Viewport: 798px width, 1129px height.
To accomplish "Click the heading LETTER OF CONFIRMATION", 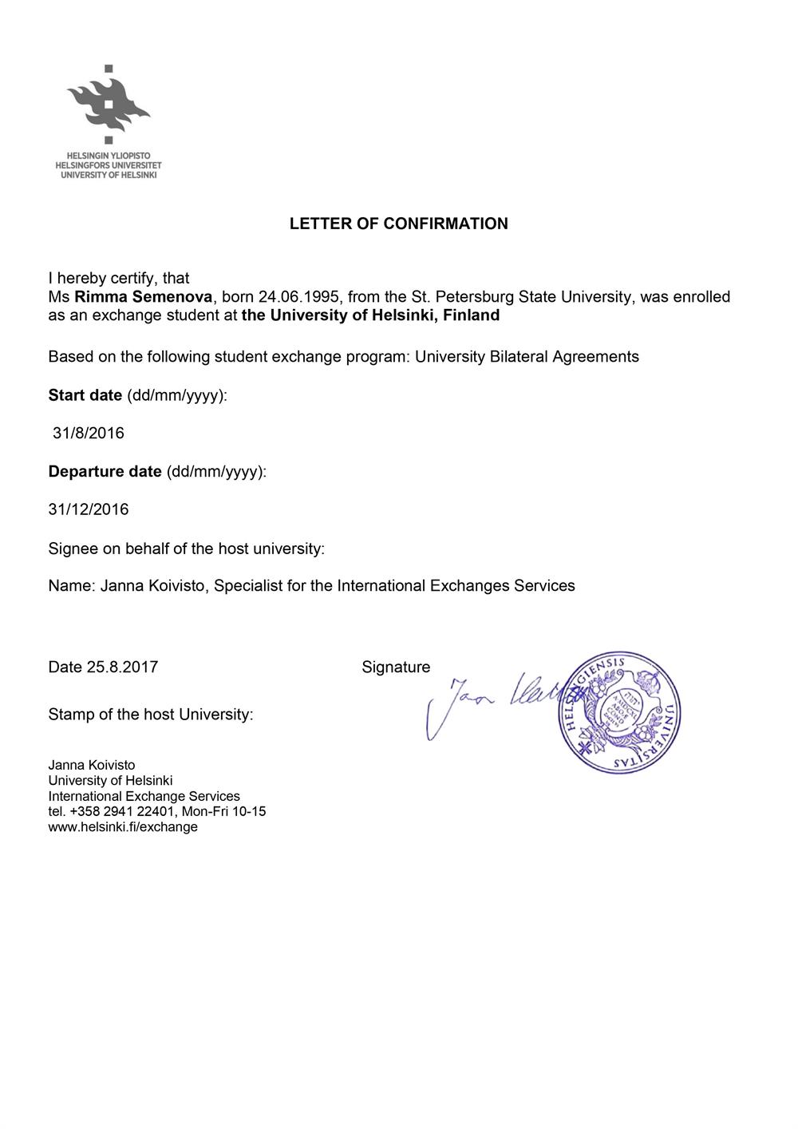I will (398, 224).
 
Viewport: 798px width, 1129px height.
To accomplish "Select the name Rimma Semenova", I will (143, 297).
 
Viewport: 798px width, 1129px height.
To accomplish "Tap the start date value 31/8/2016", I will (89, 434).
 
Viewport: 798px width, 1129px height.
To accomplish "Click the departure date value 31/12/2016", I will (89, 509).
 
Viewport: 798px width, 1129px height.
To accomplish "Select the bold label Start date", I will (85, 395).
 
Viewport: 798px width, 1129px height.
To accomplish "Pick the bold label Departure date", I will (105, 472).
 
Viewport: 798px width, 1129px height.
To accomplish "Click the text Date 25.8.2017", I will (103, 667).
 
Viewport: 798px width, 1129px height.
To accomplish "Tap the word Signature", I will (396, 667).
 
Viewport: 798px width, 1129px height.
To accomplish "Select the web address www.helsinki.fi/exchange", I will (123, 827).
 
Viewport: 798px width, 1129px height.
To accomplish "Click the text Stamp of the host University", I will (150, 714).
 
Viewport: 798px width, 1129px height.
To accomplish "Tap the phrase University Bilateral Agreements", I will (527, 356).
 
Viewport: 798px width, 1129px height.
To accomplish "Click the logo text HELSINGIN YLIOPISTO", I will (109, 155).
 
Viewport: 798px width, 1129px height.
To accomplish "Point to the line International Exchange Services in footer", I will (144, 796).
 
